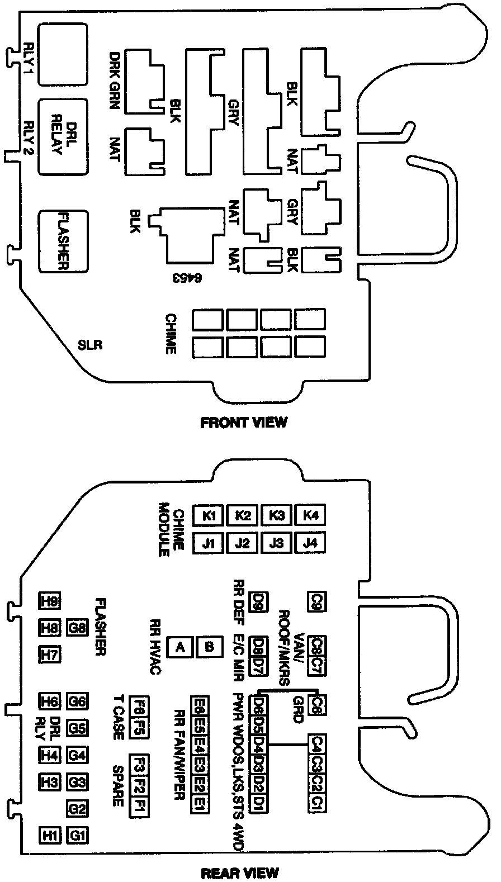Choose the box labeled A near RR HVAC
[x=180, y=647]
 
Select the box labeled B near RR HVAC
[x=209, y=647]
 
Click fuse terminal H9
[x=50, y=601]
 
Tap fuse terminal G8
[x=77, y=628]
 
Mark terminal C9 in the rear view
[x=316, y=601]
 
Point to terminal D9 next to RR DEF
[x=258, y=601]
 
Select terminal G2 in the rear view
[x=77, y=809]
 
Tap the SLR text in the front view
[x=90, y=345]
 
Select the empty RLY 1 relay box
[x=62, y=54]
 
